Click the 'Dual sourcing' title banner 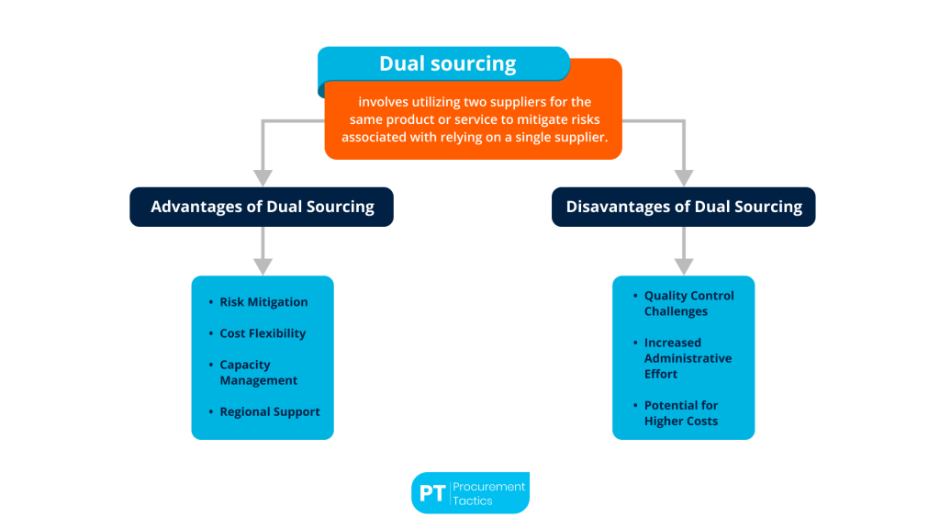[447, 64]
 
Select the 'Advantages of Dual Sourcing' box [262, 207]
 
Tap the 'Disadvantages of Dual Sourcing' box [684, 207]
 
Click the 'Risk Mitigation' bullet [263, 302]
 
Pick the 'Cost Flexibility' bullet [263, 333]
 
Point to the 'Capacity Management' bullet [258, 373]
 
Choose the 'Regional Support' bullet [270, 411]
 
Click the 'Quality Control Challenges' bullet [688, 303]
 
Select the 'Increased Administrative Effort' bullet [688, 358]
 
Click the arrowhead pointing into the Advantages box [263, 177]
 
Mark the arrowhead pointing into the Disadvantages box [684, 177]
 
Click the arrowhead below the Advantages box [263, 265]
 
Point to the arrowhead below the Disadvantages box [684, 265]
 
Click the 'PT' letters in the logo [431, 494]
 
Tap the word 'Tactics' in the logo [473, 501]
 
